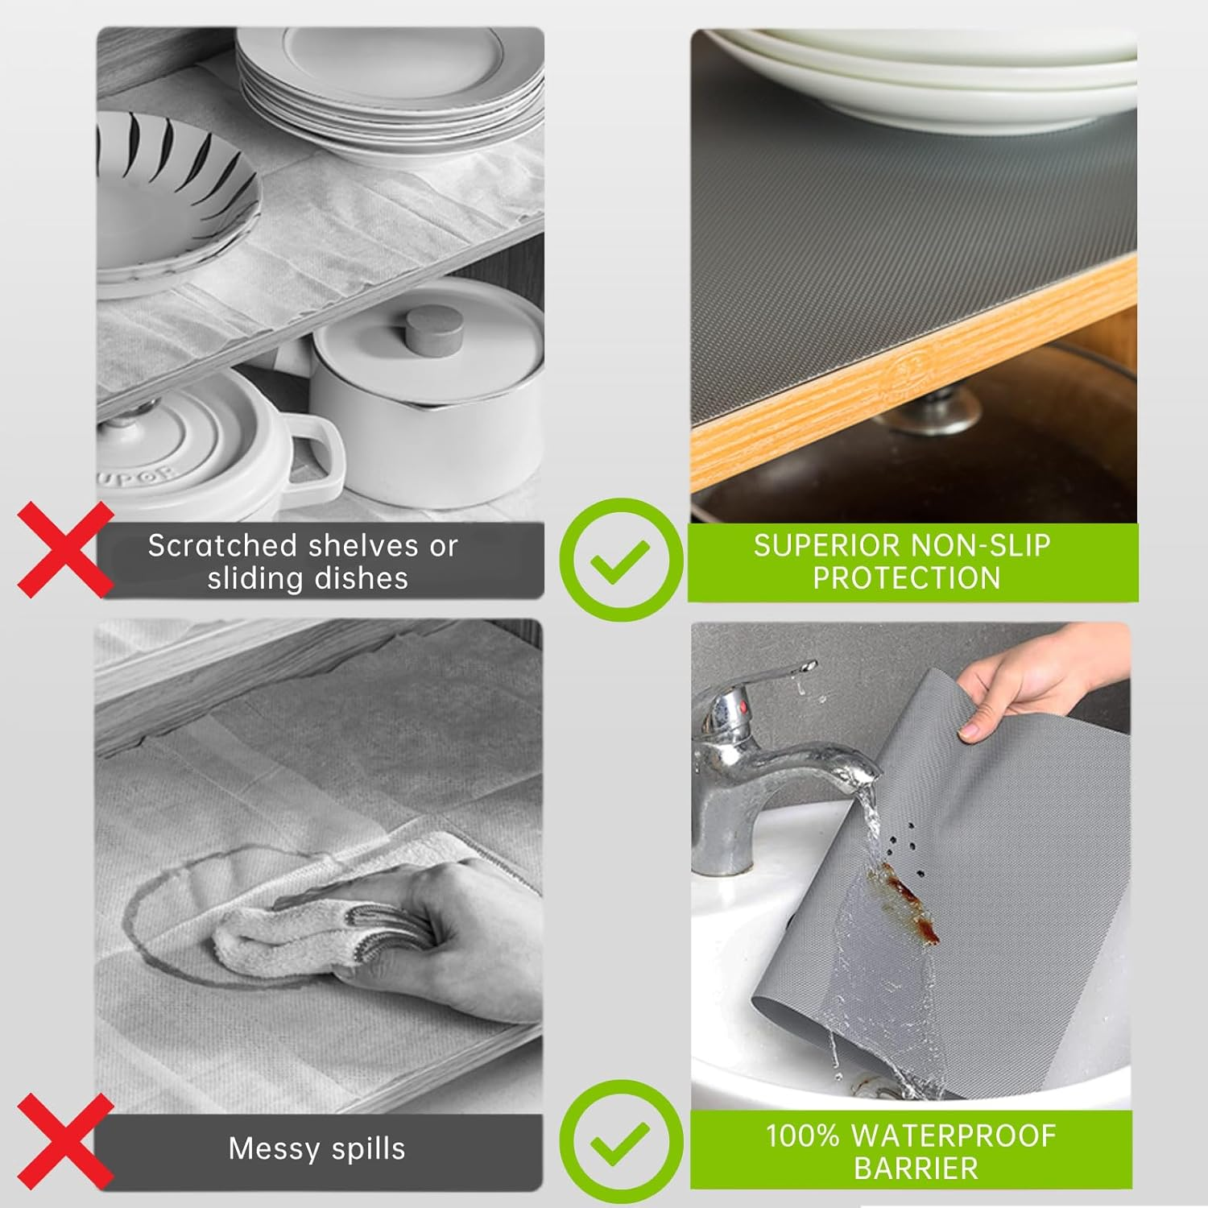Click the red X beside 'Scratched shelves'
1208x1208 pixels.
64,549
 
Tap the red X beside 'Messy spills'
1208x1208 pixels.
64,1142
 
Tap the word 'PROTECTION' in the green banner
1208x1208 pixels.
907,578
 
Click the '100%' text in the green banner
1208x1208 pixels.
803,1136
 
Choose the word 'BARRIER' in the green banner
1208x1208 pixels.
916,1169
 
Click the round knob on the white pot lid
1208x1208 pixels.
433,329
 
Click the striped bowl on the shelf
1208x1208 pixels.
173,193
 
